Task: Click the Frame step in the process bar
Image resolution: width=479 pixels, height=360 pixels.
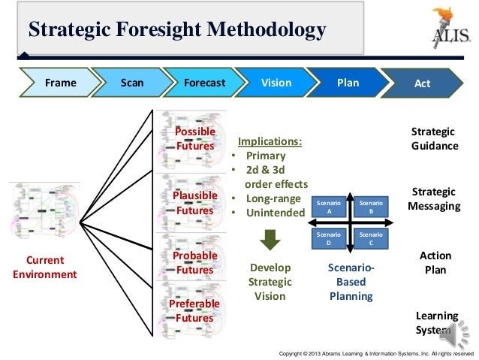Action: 60,83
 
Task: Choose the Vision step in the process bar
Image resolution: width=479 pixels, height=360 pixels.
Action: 276,83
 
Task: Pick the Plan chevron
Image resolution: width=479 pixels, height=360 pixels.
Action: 348,83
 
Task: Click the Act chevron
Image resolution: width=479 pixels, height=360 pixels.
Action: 422,83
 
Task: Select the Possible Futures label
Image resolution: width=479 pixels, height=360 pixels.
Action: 194,139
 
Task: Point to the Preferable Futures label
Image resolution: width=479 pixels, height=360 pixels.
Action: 194,310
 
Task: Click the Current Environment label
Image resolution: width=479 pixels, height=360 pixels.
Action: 45,267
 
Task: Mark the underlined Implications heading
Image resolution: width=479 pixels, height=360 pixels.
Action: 270,141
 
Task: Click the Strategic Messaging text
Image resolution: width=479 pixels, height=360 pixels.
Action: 433,198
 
